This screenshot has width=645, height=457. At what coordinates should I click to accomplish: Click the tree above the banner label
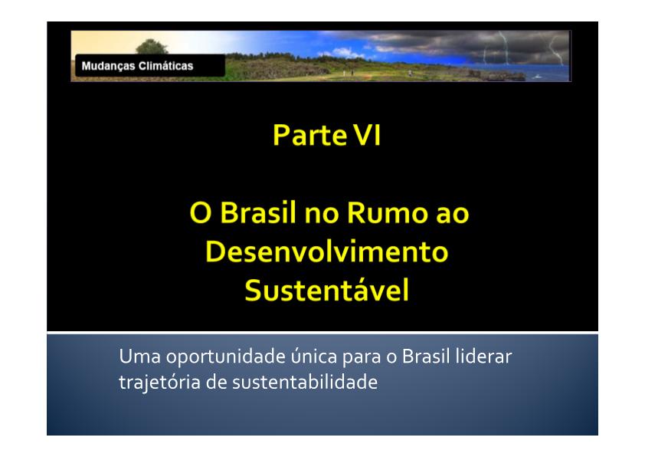[152, 47]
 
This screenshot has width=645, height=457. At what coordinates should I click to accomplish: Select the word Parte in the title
[310, 135]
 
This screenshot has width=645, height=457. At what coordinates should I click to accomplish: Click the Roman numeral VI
[368, 135]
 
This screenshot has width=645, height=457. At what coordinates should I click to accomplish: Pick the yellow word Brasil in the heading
[258, 212]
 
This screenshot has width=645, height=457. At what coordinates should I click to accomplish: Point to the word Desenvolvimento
[326, 252]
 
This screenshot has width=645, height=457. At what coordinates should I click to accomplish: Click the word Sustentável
[326, 289]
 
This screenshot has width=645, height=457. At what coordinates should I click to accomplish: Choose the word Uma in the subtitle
[139, 357]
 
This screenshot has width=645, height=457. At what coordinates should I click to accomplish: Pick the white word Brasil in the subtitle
[426, 356]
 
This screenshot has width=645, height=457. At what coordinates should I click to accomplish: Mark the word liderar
[484, 356]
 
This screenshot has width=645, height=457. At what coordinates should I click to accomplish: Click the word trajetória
[159, 383]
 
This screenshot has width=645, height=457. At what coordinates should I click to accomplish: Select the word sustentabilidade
[305, 382]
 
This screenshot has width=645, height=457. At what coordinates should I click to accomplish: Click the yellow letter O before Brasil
[201, 213]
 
